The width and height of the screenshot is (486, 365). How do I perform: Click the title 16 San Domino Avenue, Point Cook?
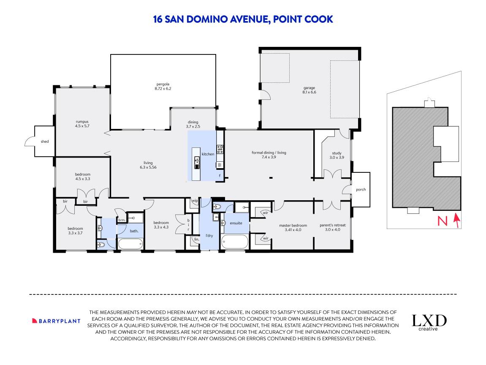pyautogui.click(x=243, y=19)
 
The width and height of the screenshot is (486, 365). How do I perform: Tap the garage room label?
pyautogui.click(x=309, y=87)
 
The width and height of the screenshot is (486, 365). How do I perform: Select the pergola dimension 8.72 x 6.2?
pyautogui.click(x=163, y=89)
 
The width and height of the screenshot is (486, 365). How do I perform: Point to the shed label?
pyautogui.click(x=45, y=142)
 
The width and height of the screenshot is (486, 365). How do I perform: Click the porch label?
pyautogui.click(x=361, y=190)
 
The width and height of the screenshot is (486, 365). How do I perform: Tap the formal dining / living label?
pyautogui.click(x=269, y=153)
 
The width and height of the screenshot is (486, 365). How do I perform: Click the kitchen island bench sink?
pyautogui.click(x=197, y=160)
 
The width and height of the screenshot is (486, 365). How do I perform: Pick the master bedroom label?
pyautogui.click(x=293, y=225)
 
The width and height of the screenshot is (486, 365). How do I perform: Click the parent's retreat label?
pyautogui.click(x=332, y=225)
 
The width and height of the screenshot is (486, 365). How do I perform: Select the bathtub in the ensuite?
pyautogui.click(x=234, y=242)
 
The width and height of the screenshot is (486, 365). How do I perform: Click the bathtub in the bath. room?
pyautogui.click(x=130, y=244)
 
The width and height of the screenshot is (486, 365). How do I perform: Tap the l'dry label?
pyautogui.click(x=209, y=235)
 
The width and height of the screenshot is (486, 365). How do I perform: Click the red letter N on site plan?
pyautogui.click(x=442, y=221)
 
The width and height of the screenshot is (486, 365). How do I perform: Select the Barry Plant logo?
pyautogui.click(x=56, y=321)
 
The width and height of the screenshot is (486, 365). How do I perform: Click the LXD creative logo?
pyautogui.click(x=429, y=322)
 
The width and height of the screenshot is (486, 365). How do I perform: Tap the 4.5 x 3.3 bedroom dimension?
pyautogui.click(x=83, y=179)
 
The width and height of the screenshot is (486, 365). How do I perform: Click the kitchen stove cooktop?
pyautogui.click(x=220, y=149)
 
